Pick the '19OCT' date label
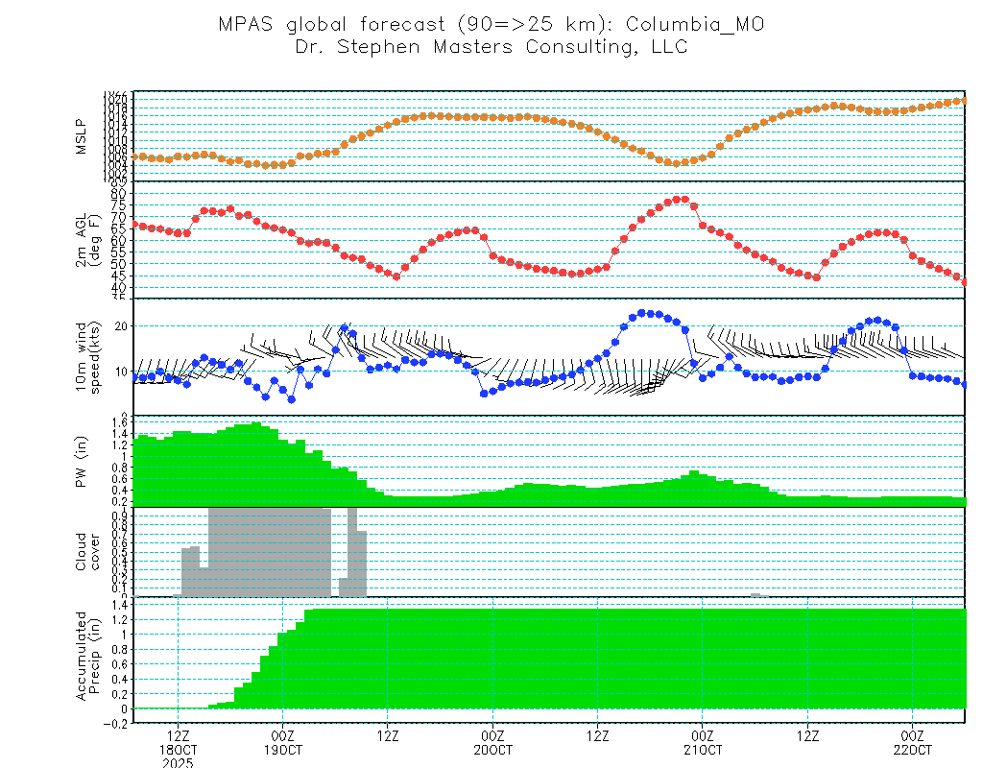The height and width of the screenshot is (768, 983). pyautogui.click(x=283, y=749)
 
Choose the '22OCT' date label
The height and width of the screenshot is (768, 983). pyautogui.click(x=913, y=749)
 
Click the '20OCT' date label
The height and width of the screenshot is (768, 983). pyautogui.click(x=492, y=749)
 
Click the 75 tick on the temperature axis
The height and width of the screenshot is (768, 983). pyautogui.click(x=119, y=204)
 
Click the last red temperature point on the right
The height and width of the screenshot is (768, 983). pyautogui.click(x=964, y=282)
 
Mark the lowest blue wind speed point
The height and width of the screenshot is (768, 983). pyautogui.click(x=291, y=398)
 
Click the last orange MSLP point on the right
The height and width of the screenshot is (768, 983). pyautogui.click(x=964, y=100)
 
